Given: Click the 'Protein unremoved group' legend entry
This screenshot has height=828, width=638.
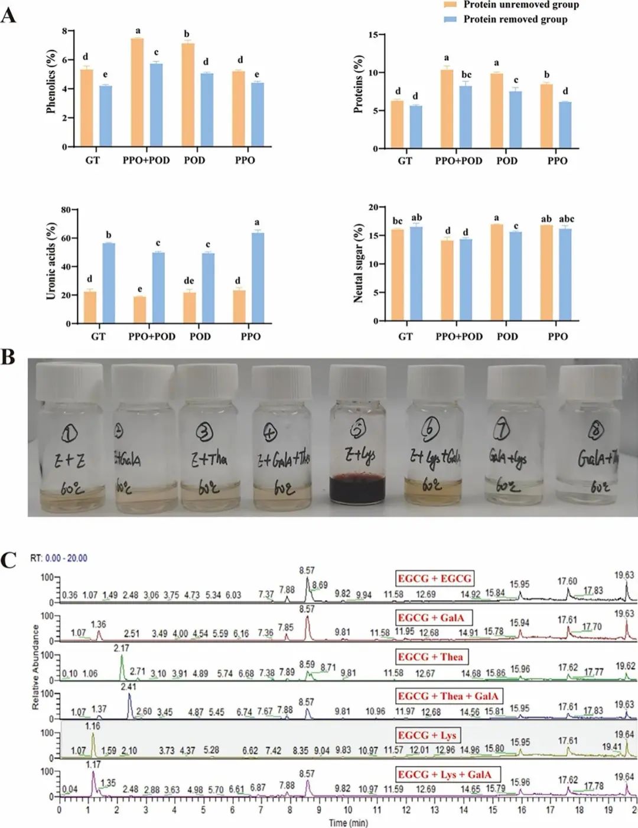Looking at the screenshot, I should pos(520,5).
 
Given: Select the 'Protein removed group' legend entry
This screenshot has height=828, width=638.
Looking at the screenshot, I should pos(515,19).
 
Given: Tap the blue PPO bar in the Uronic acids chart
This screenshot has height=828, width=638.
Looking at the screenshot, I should pos(258,278).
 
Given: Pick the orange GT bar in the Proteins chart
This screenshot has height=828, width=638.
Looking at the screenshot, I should pos(397,125).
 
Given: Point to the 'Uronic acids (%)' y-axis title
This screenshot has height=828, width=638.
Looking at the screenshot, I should pos(51,260).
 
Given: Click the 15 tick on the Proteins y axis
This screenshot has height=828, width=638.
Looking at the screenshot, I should pos(373,35).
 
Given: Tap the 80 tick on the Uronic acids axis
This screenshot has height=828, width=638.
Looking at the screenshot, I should pos(66,210).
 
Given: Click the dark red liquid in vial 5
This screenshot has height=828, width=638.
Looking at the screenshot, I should pos(357,489).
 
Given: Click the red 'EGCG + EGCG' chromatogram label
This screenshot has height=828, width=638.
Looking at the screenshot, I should pos(434,578).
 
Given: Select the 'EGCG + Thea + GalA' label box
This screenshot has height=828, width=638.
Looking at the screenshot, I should pos(448,696).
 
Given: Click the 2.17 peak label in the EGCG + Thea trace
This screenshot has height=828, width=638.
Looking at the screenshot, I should pos(121,648).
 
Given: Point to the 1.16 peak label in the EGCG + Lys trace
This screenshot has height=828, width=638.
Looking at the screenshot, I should pos(93,726).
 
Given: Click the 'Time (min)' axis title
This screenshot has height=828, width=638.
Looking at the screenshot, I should pos(348,823).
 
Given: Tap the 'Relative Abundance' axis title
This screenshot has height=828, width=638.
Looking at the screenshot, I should pos(35,667).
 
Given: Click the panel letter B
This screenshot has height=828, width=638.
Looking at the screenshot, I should pos(8,357).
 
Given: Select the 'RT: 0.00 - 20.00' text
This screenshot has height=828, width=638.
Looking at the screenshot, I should pos(58,558).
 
